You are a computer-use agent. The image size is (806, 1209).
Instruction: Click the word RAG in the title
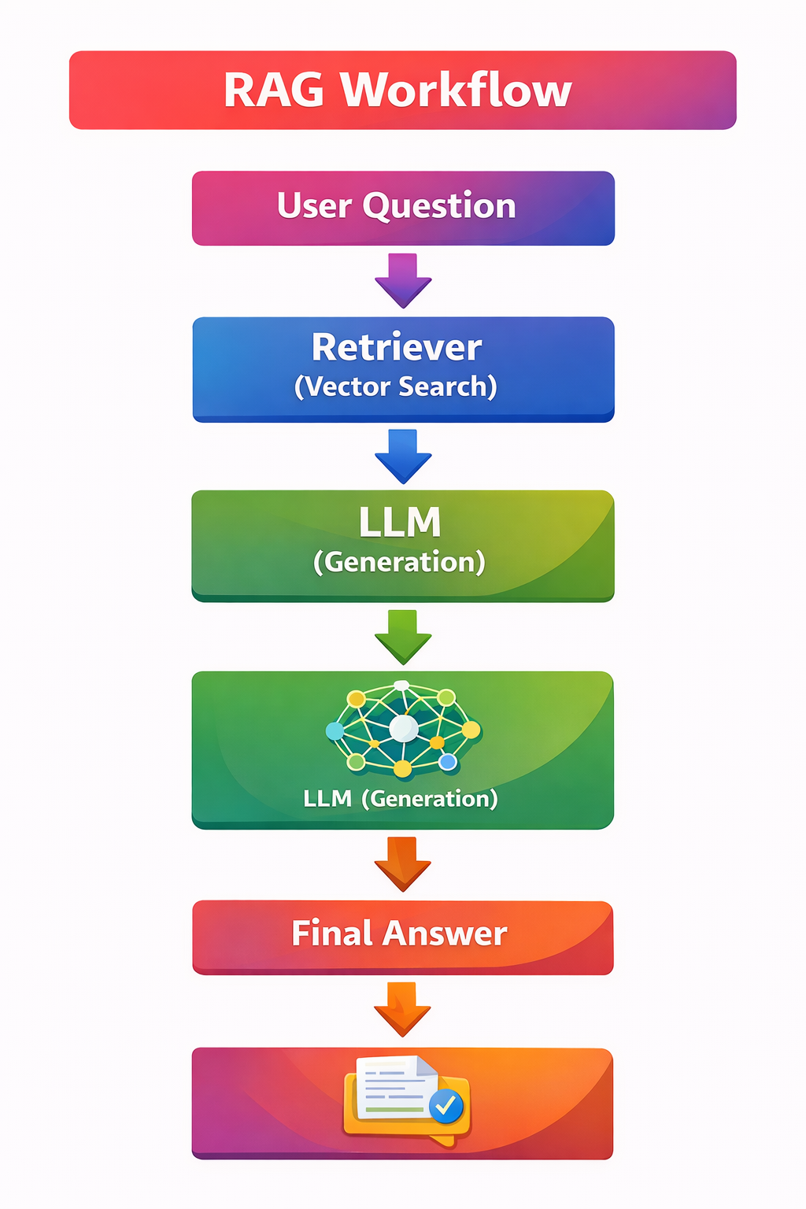[273, 90]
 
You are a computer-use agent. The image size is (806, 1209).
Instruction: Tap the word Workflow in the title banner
[456, 90]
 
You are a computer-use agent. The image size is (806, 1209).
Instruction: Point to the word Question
[439, 206]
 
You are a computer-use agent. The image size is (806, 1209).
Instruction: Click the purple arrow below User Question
[403, 281]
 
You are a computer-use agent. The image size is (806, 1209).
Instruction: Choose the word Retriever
[397, 347]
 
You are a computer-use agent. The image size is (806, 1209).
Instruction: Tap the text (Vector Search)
[396, 386]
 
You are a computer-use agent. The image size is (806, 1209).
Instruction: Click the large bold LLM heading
[400, 523]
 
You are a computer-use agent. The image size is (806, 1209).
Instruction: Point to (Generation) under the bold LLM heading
[399, 562]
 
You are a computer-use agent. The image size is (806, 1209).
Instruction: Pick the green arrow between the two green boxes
[403, 637]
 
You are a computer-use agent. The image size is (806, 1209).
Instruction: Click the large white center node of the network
[404, 728]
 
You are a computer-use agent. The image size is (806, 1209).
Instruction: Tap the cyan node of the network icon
[335, 731]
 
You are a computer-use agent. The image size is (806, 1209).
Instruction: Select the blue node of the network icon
[448, 761]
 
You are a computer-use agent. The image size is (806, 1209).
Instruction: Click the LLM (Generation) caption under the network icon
[401, 799]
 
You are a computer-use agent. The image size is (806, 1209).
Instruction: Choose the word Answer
[444, 934]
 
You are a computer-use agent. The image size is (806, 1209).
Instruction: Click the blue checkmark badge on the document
[447, 1106]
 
